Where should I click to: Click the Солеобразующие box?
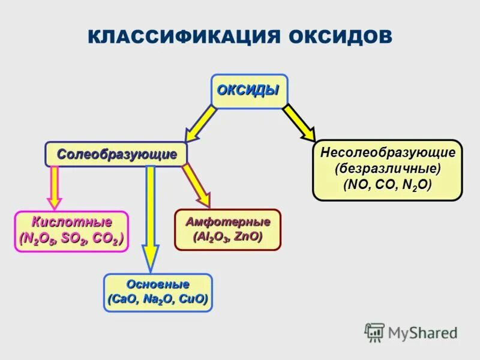tap(116, 154)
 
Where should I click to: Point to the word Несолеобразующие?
tap(388, 152)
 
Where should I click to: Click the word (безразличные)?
tap(388, 169)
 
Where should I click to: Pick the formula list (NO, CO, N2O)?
tap(388, 185)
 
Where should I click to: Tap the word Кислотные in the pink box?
tap(71, 223)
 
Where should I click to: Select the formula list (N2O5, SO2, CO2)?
tap(71, 239)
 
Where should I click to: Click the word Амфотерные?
tap(227, 221)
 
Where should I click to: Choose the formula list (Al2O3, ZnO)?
tap(227, 237)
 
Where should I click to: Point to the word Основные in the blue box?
tap(158, 284)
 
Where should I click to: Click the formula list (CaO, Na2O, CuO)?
tap(158, 299)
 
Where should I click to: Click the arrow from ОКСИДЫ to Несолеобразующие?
tap(299, 123)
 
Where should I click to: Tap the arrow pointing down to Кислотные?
tap(55, 187)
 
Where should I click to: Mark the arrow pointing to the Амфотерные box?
tap(197, 185)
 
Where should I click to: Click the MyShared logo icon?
tap(374, 332)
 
